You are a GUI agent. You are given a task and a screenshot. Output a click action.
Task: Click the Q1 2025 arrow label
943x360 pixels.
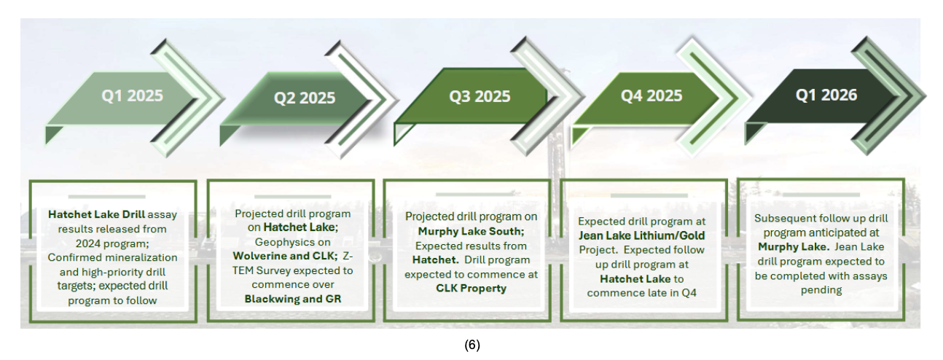point(132,95)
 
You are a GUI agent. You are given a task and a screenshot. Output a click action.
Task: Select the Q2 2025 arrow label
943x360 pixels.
point(305,98)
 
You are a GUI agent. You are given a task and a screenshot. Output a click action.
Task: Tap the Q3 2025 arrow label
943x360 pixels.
point(480,96)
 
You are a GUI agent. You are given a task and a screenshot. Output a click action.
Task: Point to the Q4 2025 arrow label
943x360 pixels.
point(652,95)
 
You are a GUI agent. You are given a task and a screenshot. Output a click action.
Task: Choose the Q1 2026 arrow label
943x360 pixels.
point(826,95)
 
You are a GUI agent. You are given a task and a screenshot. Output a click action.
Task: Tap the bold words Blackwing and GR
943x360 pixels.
point(293,299)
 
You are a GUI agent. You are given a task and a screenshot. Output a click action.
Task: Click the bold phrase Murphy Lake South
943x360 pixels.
point(471,231)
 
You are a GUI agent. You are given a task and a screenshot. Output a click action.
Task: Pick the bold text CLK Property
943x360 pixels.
point(471,289)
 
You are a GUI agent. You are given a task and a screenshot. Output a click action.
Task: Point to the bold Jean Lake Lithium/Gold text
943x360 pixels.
point(641,236)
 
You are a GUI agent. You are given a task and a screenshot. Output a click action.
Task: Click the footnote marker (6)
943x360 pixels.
point(472,345)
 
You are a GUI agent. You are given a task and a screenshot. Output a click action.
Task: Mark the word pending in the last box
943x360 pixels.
point(821,290)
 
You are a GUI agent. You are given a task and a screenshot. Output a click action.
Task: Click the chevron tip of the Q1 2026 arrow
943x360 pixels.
point(926,96)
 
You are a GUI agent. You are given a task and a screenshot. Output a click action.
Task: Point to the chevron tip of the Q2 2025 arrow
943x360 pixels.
point(399,100)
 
